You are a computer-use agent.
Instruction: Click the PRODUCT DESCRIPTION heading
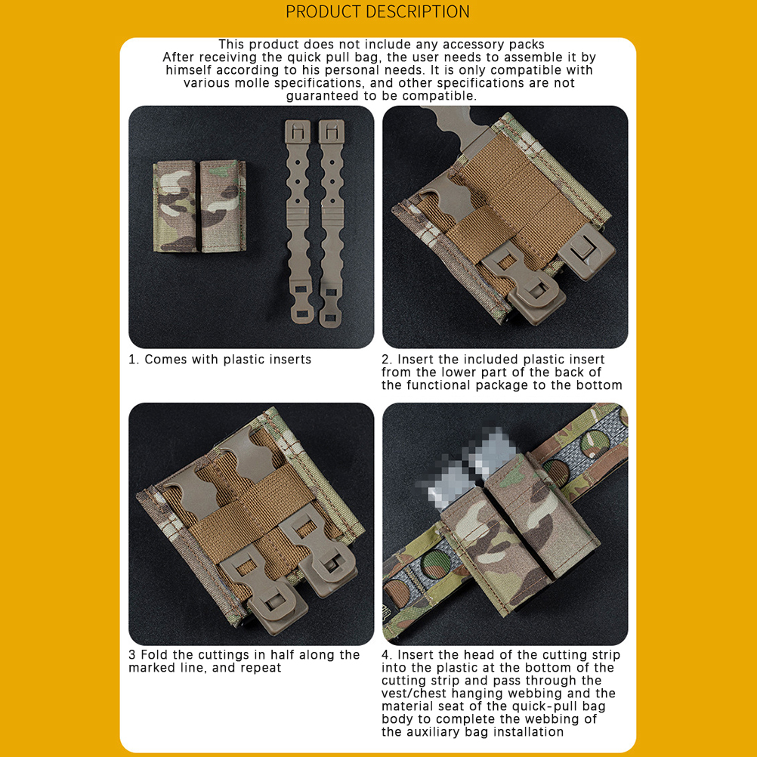pyautogui.click(x=378, y=11)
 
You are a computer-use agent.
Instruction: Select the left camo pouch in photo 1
pyautogui.click(x=175, y=206)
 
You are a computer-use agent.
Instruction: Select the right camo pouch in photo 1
pyautogui.click(x=223, y=206)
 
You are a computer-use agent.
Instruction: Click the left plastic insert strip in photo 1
pyautogui.click(x=298, y=221)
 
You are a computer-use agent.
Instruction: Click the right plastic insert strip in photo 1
pyautogui.click(x=331, y=223)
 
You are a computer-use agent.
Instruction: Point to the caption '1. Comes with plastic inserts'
pyautogui.click(x=220, y=360)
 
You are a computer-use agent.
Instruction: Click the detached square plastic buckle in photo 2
pyautogui.click(x=586, y=251)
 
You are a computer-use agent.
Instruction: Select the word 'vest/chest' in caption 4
pyautogui.click(x=416, y=694)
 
